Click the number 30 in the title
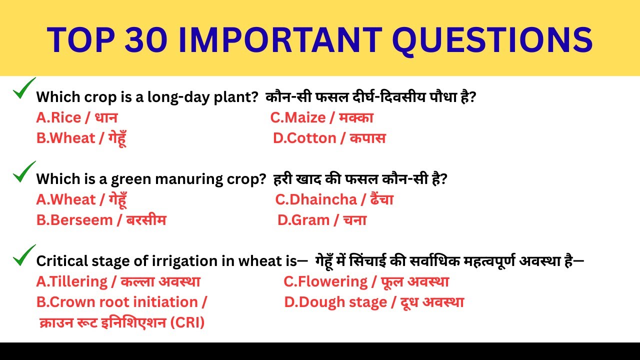[147, 39]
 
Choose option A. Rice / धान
[77, 117]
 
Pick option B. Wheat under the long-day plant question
[81, 138]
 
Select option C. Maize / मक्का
[321, 117]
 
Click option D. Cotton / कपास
[329, 138]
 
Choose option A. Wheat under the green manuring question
[81, 199]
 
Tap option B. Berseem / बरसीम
[101, 220]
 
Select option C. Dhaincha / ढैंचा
[334, 199]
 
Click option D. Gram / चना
[322, 220]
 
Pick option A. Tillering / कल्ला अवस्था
[118, 281]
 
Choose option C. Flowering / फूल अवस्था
[366, 281]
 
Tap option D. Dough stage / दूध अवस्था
[374, 302]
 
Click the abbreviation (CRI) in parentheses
[187, 322]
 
